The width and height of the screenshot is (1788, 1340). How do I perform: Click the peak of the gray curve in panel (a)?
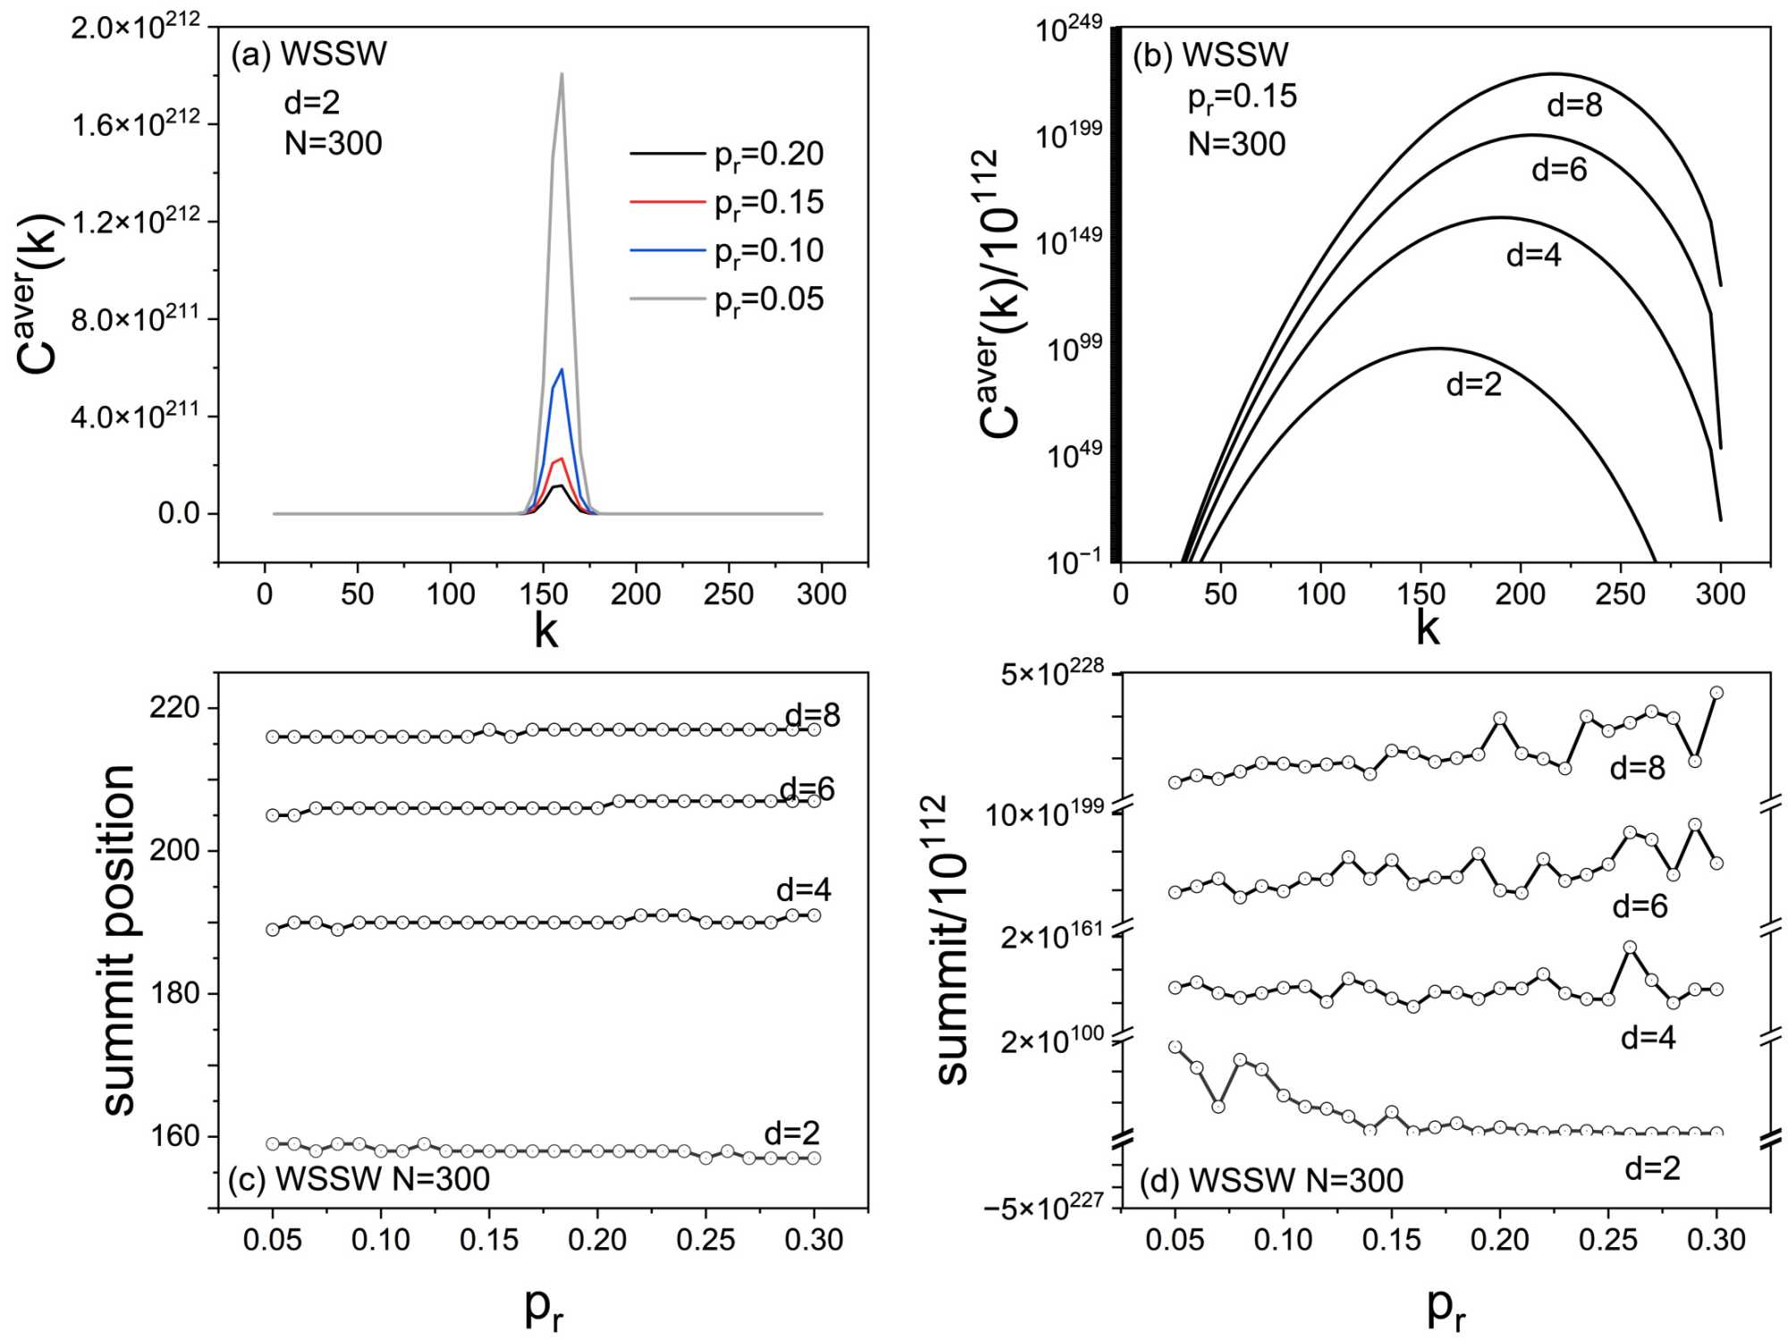click(x=561, y=74)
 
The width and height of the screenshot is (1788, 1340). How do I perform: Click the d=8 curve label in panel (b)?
click(x=1574, y=105)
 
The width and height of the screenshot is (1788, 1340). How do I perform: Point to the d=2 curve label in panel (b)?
click(x=1473, y=384)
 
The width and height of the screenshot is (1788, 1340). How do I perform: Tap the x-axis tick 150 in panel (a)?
click(x=543, y=594)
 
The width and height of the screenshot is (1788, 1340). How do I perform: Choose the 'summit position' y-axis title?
click(x=119, y=940)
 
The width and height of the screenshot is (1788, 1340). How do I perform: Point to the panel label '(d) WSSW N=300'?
click(x=1270, y=1181)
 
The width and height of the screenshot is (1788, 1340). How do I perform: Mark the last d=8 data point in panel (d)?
click(x=1716, y=693)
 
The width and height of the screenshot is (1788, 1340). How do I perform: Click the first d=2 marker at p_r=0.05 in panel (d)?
click(x=1175, y=1047)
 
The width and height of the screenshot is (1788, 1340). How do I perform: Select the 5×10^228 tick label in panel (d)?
click(x=1052, y=673)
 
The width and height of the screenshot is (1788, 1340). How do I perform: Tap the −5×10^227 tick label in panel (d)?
click(x=1043, y=1207)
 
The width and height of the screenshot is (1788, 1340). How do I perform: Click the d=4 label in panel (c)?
click(x=803, y=889)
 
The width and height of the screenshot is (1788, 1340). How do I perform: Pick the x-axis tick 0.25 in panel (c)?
click(x=705, y=1240)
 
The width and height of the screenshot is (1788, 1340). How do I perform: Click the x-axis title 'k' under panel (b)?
click(x=1428, y=628)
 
